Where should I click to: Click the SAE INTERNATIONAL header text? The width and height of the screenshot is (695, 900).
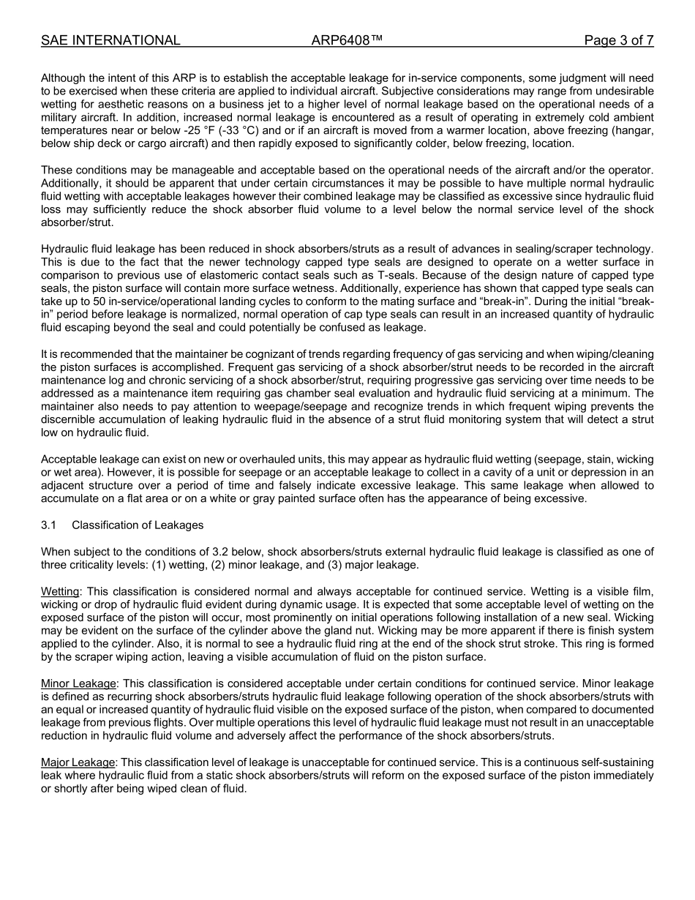click(x=110, y=40)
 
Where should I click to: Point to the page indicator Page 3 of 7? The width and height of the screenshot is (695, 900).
click(x=618, y=40)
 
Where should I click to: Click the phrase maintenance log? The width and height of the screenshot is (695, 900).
click(x=74, y=380)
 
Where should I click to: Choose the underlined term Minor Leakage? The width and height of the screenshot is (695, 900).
click(x=78, y=683)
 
